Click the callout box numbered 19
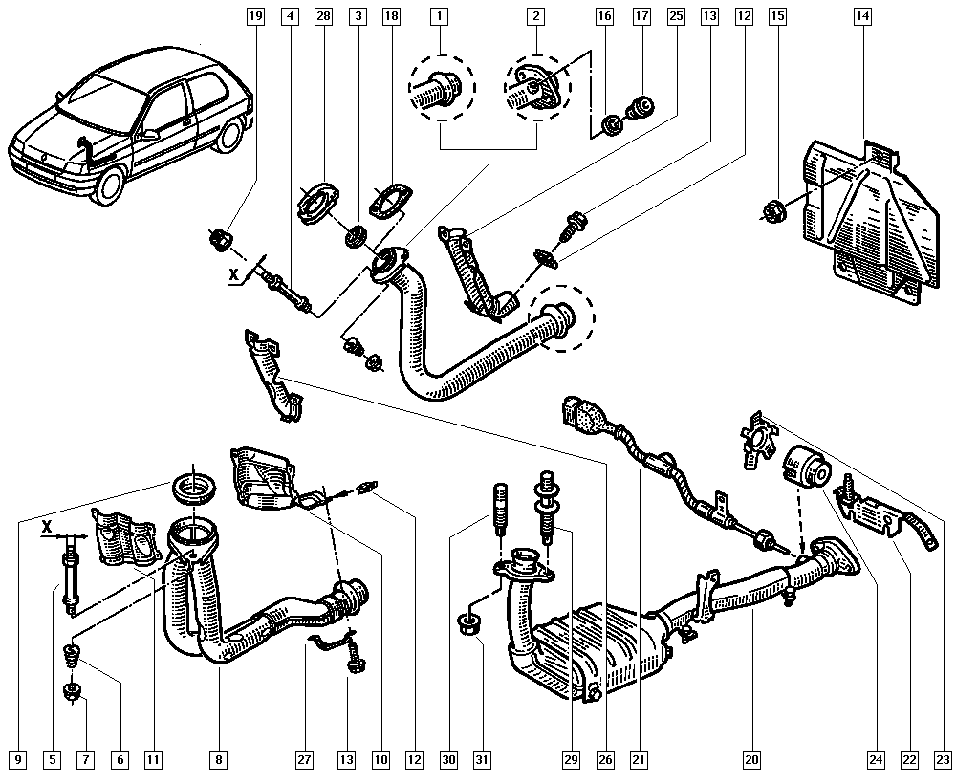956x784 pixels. (x=254, y=16)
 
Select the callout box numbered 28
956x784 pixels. (x=322, y=16)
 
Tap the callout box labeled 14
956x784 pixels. (x=864, y=16)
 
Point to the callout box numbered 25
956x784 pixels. (x=676, y=16)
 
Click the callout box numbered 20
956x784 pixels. (x=751, y=760)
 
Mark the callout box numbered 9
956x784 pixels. (x=16, y=760)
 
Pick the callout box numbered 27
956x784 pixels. (x=303, y=760)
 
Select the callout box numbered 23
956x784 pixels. (x=944, y=760)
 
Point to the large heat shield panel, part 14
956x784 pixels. (x=865, y=220)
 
